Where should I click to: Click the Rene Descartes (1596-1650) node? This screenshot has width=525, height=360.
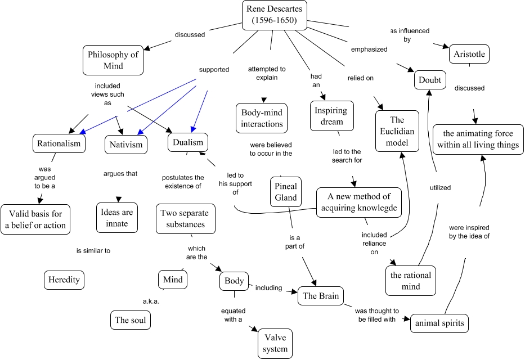click(274, 15)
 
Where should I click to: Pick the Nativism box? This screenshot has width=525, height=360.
click(126, 145)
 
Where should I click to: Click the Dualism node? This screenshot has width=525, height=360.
click(188, 142)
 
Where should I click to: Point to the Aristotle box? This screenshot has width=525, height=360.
click(470, 55)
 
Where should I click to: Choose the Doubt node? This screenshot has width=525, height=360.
click(430, 80)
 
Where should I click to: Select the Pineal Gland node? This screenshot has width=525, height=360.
click(286, 192)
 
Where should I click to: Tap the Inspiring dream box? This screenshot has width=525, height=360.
click(332, 116)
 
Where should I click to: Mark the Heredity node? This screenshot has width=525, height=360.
click(64, 279)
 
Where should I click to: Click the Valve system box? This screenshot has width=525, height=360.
click(275, 344)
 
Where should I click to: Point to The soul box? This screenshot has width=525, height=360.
click(131, 320)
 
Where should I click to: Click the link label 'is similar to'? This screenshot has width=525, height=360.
click(93, 251)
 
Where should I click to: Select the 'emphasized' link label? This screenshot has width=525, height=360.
click(369, 49)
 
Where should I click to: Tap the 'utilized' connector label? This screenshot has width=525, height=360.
click(440, 188)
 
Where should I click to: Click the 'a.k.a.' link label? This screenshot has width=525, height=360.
click(151, 301)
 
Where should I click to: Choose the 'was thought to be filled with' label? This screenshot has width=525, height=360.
click(378, 315)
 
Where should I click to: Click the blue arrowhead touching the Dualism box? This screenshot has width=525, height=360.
click(193, 130)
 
